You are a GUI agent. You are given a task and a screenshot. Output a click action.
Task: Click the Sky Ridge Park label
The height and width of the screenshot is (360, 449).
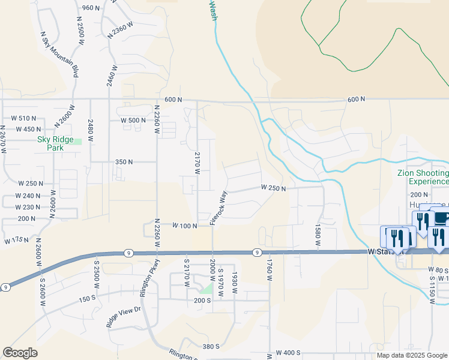click(x=50, y=143)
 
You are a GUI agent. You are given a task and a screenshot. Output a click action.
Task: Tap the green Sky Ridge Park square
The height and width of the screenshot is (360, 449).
click(x=75, y=142)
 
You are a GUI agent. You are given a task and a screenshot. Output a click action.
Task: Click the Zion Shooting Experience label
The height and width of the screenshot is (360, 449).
click(x=423, y=177)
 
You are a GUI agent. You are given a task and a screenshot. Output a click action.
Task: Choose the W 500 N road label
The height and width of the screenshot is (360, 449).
click(x=133, y=120)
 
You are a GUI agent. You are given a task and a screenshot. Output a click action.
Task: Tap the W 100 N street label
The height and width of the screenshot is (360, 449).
click(x=185, y=226)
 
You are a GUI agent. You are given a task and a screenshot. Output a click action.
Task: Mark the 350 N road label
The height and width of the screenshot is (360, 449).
click(x=124, y=162)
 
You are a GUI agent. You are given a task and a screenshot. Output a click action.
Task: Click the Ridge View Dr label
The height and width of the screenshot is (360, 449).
click(x=123, y=317)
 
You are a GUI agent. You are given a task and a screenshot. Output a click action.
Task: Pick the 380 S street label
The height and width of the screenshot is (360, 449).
click(x=211, y=347)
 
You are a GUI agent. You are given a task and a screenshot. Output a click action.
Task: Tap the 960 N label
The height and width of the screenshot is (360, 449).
click(x=91, y=8)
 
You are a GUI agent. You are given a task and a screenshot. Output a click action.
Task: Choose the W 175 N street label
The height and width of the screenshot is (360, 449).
click(x=16, y=241)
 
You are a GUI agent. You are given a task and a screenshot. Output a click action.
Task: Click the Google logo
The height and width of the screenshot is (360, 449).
click(x=20, y=353)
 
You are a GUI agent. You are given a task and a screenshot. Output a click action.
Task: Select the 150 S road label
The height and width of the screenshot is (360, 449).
click(x=87, y=299)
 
